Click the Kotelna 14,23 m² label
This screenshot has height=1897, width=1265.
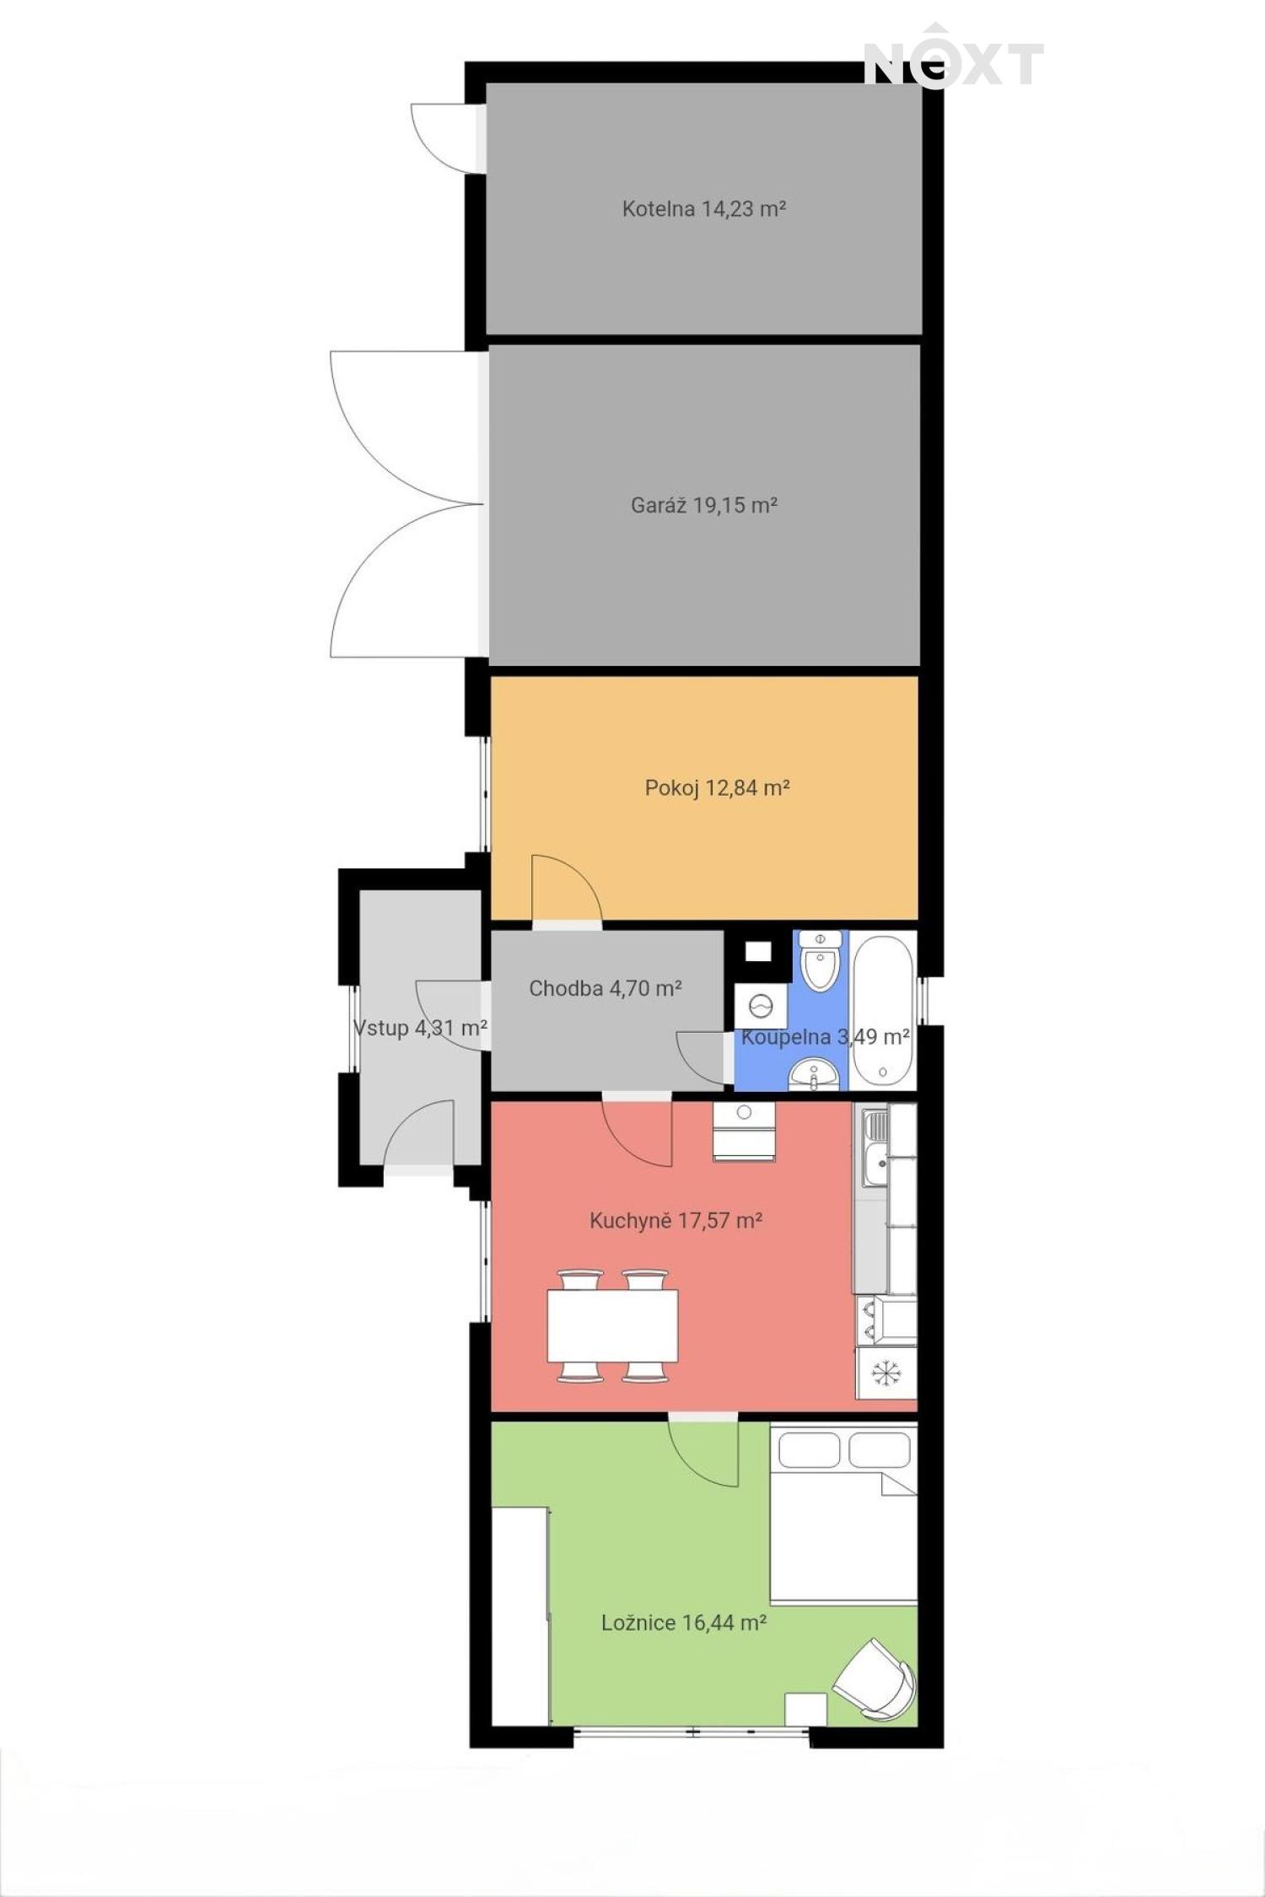click(x=704, y=208)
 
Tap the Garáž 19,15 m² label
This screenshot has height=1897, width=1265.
click(x=704, y=505)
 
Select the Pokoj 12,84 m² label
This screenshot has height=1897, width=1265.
click(x=717, y=787)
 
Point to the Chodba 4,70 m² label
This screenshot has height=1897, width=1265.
click(x=606, y=988)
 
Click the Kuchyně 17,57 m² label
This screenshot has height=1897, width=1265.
click(x=676, y=1220)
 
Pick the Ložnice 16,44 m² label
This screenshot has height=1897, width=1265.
click(x=684, y=1622)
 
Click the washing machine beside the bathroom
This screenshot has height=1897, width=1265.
click(x=761, y=1006)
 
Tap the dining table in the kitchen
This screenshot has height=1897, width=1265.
click(x=612, y=1325)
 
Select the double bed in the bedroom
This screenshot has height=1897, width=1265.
click(x=843, y=1513)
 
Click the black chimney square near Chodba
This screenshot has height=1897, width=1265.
click(x=758, y=952)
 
